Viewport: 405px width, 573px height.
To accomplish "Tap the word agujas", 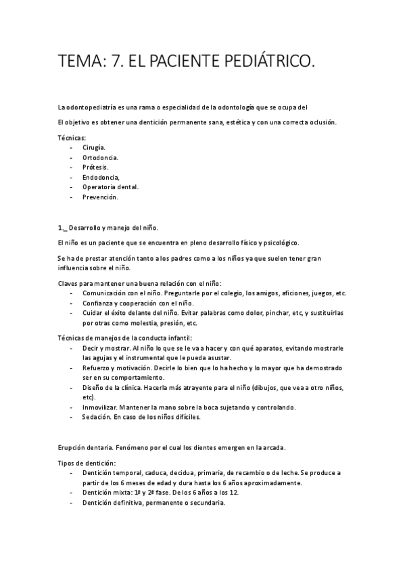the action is point(95,357).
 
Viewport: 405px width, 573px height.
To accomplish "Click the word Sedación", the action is point(97,417).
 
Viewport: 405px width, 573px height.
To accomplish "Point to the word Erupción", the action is point(74,448).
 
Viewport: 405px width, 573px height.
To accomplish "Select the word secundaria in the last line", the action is point(203,503).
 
